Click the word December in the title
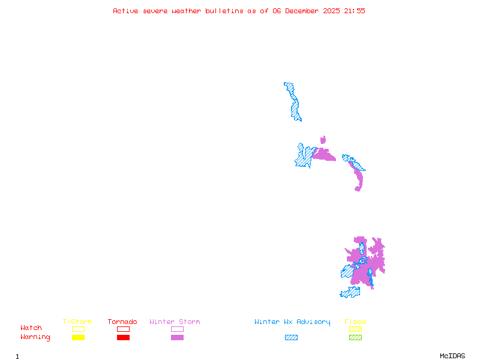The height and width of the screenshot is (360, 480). [304, 11]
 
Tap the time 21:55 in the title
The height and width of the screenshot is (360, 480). [355, 11]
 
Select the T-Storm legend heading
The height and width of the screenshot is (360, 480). [77, 322]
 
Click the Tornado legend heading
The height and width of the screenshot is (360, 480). [122, 322]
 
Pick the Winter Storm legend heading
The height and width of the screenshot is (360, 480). [175, 322]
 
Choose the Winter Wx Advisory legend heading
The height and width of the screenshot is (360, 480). [292, 322]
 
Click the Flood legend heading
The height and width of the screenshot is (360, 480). [355, 322]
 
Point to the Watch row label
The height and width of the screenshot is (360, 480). [31, 328]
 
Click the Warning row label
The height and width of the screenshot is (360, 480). [35, 337]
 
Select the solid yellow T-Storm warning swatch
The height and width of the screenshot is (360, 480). [78, 338]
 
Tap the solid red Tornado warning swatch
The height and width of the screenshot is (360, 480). [123, 338]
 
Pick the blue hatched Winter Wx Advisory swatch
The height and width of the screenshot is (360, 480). [291, 338]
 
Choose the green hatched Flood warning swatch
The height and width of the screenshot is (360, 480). [355, 338]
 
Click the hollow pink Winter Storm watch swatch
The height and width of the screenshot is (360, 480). [177, 329]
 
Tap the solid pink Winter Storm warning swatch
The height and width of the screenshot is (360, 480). [177, 338]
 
